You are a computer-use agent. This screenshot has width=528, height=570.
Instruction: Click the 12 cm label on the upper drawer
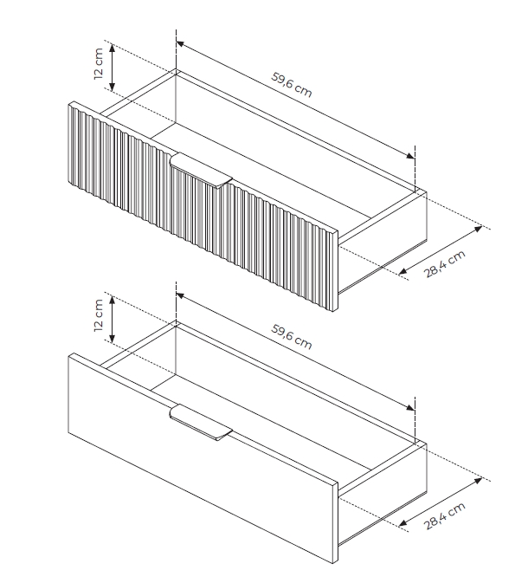99,63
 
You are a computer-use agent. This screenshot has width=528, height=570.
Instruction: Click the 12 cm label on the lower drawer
99,315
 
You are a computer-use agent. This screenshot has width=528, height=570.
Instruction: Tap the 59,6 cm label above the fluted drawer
291,85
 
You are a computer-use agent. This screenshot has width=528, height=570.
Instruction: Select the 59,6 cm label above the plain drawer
291,337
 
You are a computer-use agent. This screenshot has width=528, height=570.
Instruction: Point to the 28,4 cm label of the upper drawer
445,264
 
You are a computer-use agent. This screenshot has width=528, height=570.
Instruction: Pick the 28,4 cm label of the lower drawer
445,515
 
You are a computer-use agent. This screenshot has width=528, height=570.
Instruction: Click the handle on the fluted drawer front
201,171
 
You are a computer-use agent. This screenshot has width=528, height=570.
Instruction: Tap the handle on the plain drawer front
201,423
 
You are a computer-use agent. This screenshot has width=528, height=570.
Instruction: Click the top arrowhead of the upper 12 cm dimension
113,48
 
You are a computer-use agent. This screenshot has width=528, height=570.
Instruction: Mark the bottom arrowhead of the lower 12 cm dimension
113,339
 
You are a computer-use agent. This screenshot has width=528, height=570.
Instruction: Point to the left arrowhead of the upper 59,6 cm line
180,44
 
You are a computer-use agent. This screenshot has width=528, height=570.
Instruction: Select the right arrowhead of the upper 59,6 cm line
410,156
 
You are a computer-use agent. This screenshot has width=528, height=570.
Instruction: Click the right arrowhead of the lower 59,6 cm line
410,407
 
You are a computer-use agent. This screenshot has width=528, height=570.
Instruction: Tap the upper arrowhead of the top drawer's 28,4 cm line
479,229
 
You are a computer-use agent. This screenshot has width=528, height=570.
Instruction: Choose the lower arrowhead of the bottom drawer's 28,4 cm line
402,523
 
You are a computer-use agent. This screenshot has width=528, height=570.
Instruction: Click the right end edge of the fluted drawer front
335,271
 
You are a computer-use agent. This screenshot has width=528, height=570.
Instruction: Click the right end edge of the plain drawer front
336,522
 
